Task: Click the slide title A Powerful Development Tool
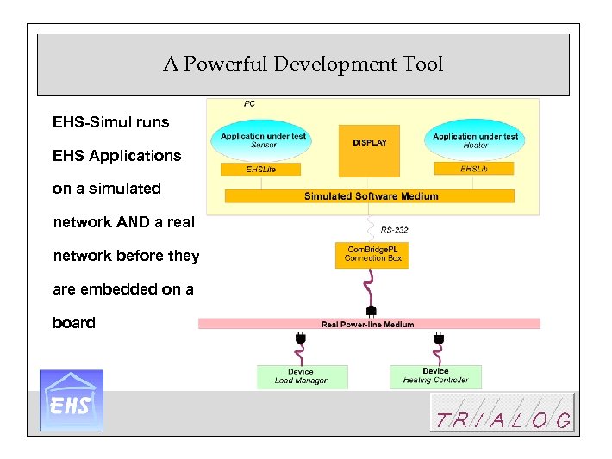303,65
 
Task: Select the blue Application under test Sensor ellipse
263,141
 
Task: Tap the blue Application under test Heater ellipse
475,141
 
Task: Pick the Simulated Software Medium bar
370,196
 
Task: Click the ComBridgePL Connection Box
372,255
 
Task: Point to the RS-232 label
394,230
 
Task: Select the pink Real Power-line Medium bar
369,324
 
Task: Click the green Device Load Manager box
302,376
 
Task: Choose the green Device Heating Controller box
435,376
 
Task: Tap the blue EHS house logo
72,400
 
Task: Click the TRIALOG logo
503,412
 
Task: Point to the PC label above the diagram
249,104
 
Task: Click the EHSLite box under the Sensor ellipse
260,170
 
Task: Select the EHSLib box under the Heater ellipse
474,170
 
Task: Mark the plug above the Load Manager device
301,339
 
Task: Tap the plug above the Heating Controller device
438,339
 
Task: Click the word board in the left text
74,323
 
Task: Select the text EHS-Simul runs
110,122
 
